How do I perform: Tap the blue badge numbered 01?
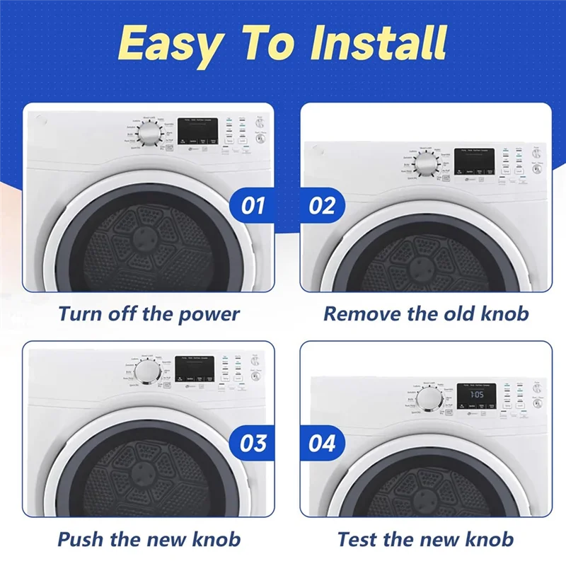[x=253, y=205]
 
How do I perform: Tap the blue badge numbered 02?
[x=321, y=205]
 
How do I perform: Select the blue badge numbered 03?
[x=253, y=444]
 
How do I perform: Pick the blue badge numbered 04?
[x=321, y=444]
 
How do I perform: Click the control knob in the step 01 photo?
[x=150, y=134]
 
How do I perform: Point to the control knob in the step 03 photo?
[x=149, y=372]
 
